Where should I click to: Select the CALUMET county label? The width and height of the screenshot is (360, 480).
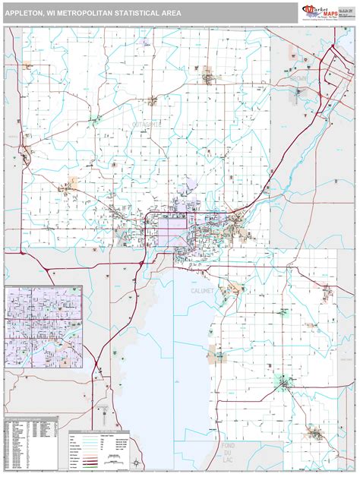pos(191,289)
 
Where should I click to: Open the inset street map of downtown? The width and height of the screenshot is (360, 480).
pos(44,327)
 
